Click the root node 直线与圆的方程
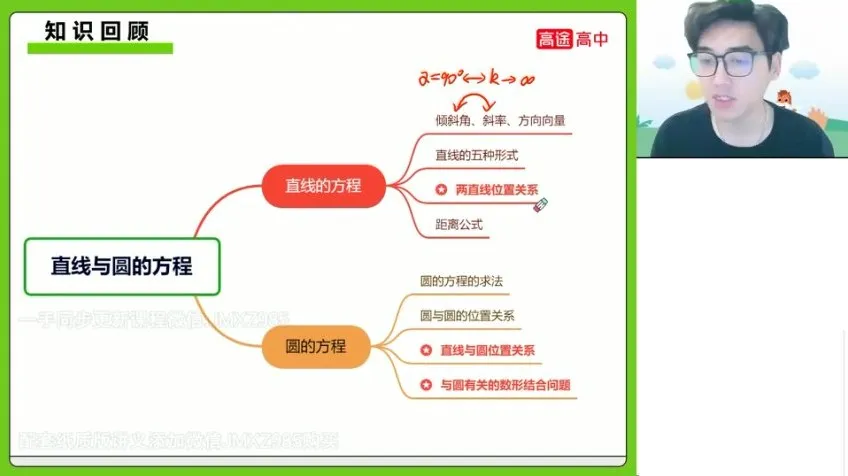pos(121,266)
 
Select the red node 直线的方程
pos(323,185)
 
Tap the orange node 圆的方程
pos(316,346)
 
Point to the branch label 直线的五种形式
pos(476,155)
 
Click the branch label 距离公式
pos(459,224)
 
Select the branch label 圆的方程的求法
pos(462,281)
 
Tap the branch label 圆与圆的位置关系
pos(467,315)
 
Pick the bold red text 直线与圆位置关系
pos(488,350)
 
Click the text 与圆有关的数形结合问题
pos(512,384)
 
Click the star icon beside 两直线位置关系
pos(440,188)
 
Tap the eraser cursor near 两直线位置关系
pos(541,204)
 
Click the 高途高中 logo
pos(572,39)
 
